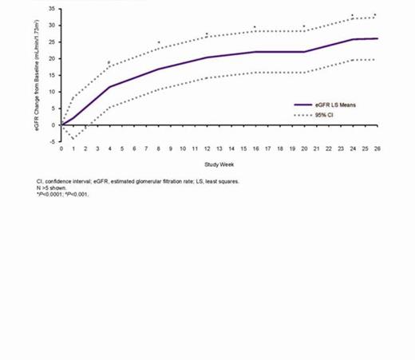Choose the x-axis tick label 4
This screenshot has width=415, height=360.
coord(109,148)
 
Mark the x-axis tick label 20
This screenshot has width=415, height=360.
coord(304,148)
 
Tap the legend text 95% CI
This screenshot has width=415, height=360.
coord(327,116)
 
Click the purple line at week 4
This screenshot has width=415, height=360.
coord(109,87)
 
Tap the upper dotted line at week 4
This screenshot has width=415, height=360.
coord(109,66)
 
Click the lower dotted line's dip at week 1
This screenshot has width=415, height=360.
coord(73,139)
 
